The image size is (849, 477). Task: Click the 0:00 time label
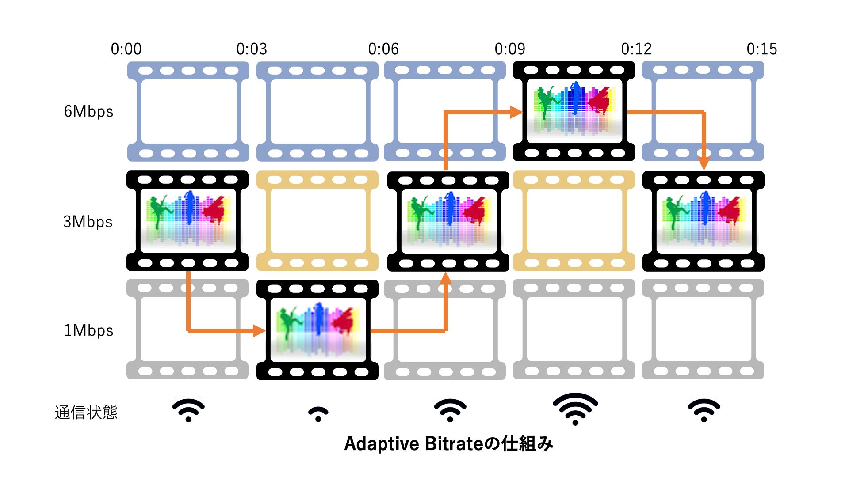[126, 49]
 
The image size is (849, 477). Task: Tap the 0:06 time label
[383, 49]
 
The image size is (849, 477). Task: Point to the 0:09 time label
[510, 49]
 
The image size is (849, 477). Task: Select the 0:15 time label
[762, 49]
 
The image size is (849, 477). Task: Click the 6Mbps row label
[88, 111]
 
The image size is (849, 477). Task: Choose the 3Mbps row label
[88, 222]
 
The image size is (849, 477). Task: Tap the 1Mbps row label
[88, 330]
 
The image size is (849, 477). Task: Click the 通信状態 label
[86, 413]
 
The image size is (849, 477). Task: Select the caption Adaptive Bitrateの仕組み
[448, 443]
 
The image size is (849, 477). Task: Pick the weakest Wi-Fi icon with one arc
[318, 414]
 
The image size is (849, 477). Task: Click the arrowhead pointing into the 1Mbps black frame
[259, 330]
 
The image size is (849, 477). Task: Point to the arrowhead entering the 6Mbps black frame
[516, 112]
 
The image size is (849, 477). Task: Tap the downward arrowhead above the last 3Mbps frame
[704, 164]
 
